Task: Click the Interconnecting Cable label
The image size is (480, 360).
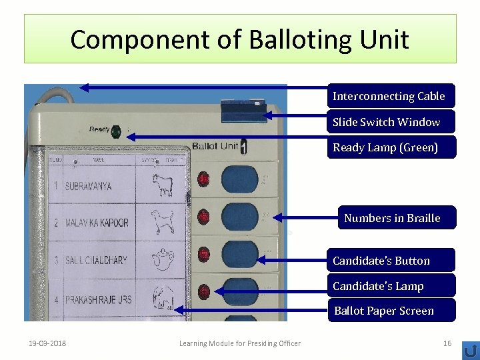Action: (x=389, y=96)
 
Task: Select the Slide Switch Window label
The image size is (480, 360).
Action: (x=387, y=122)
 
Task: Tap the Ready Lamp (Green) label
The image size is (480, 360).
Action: (x=385, y=147)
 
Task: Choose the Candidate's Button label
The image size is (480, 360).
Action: (x=381, y=261)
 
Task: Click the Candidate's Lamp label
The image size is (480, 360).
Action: (x=378, y=286)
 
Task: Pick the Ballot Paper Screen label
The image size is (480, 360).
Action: (x=383, y=311)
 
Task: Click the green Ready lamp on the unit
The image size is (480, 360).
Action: (x=116, y=131)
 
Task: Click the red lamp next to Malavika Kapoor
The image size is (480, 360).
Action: (x=203, y=217)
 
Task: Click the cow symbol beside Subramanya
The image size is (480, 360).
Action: (x=161, y=186)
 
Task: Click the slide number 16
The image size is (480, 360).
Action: (x=447, y=343)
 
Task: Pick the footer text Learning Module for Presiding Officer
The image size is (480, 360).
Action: (x=240, y=343)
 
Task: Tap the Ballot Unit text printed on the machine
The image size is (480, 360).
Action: (x=215, y=146)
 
